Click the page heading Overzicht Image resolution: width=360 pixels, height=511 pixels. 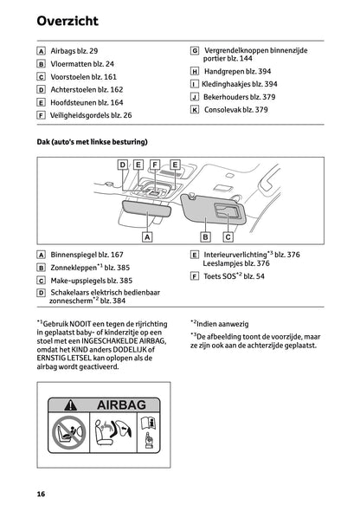coord(67,20)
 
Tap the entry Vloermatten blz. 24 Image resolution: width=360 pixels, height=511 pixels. coord(87,64)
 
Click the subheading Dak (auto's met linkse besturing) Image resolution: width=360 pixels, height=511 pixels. coord(92,141)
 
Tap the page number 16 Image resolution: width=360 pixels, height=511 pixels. coord(41,494)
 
